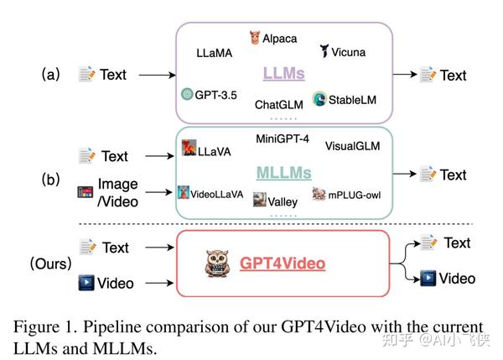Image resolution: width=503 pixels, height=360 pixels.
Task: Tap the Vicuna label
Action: coord(346,51)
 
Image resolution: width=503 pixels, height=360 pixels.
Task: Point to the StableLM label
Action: coord(352,99)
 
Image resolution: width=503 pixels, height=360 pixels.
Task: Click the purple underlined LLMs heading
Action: coord(284,75)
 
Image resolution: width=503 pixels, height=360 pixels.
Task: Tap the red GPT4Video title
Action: coord(283,263)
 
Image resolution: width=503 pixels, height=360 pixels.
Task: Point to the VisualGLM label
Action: coord(352,146)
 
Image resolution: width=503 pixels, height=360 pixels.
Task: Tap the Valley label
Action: coord(282,201)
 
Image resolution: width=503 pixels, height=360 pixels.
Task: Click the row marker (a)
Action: coord(51,74)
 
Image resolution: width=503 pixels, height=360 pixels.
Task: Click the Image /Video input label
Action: coord(117,191)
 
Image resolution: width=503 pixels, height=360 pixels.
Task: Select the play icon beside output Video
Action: coord(428,278)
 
